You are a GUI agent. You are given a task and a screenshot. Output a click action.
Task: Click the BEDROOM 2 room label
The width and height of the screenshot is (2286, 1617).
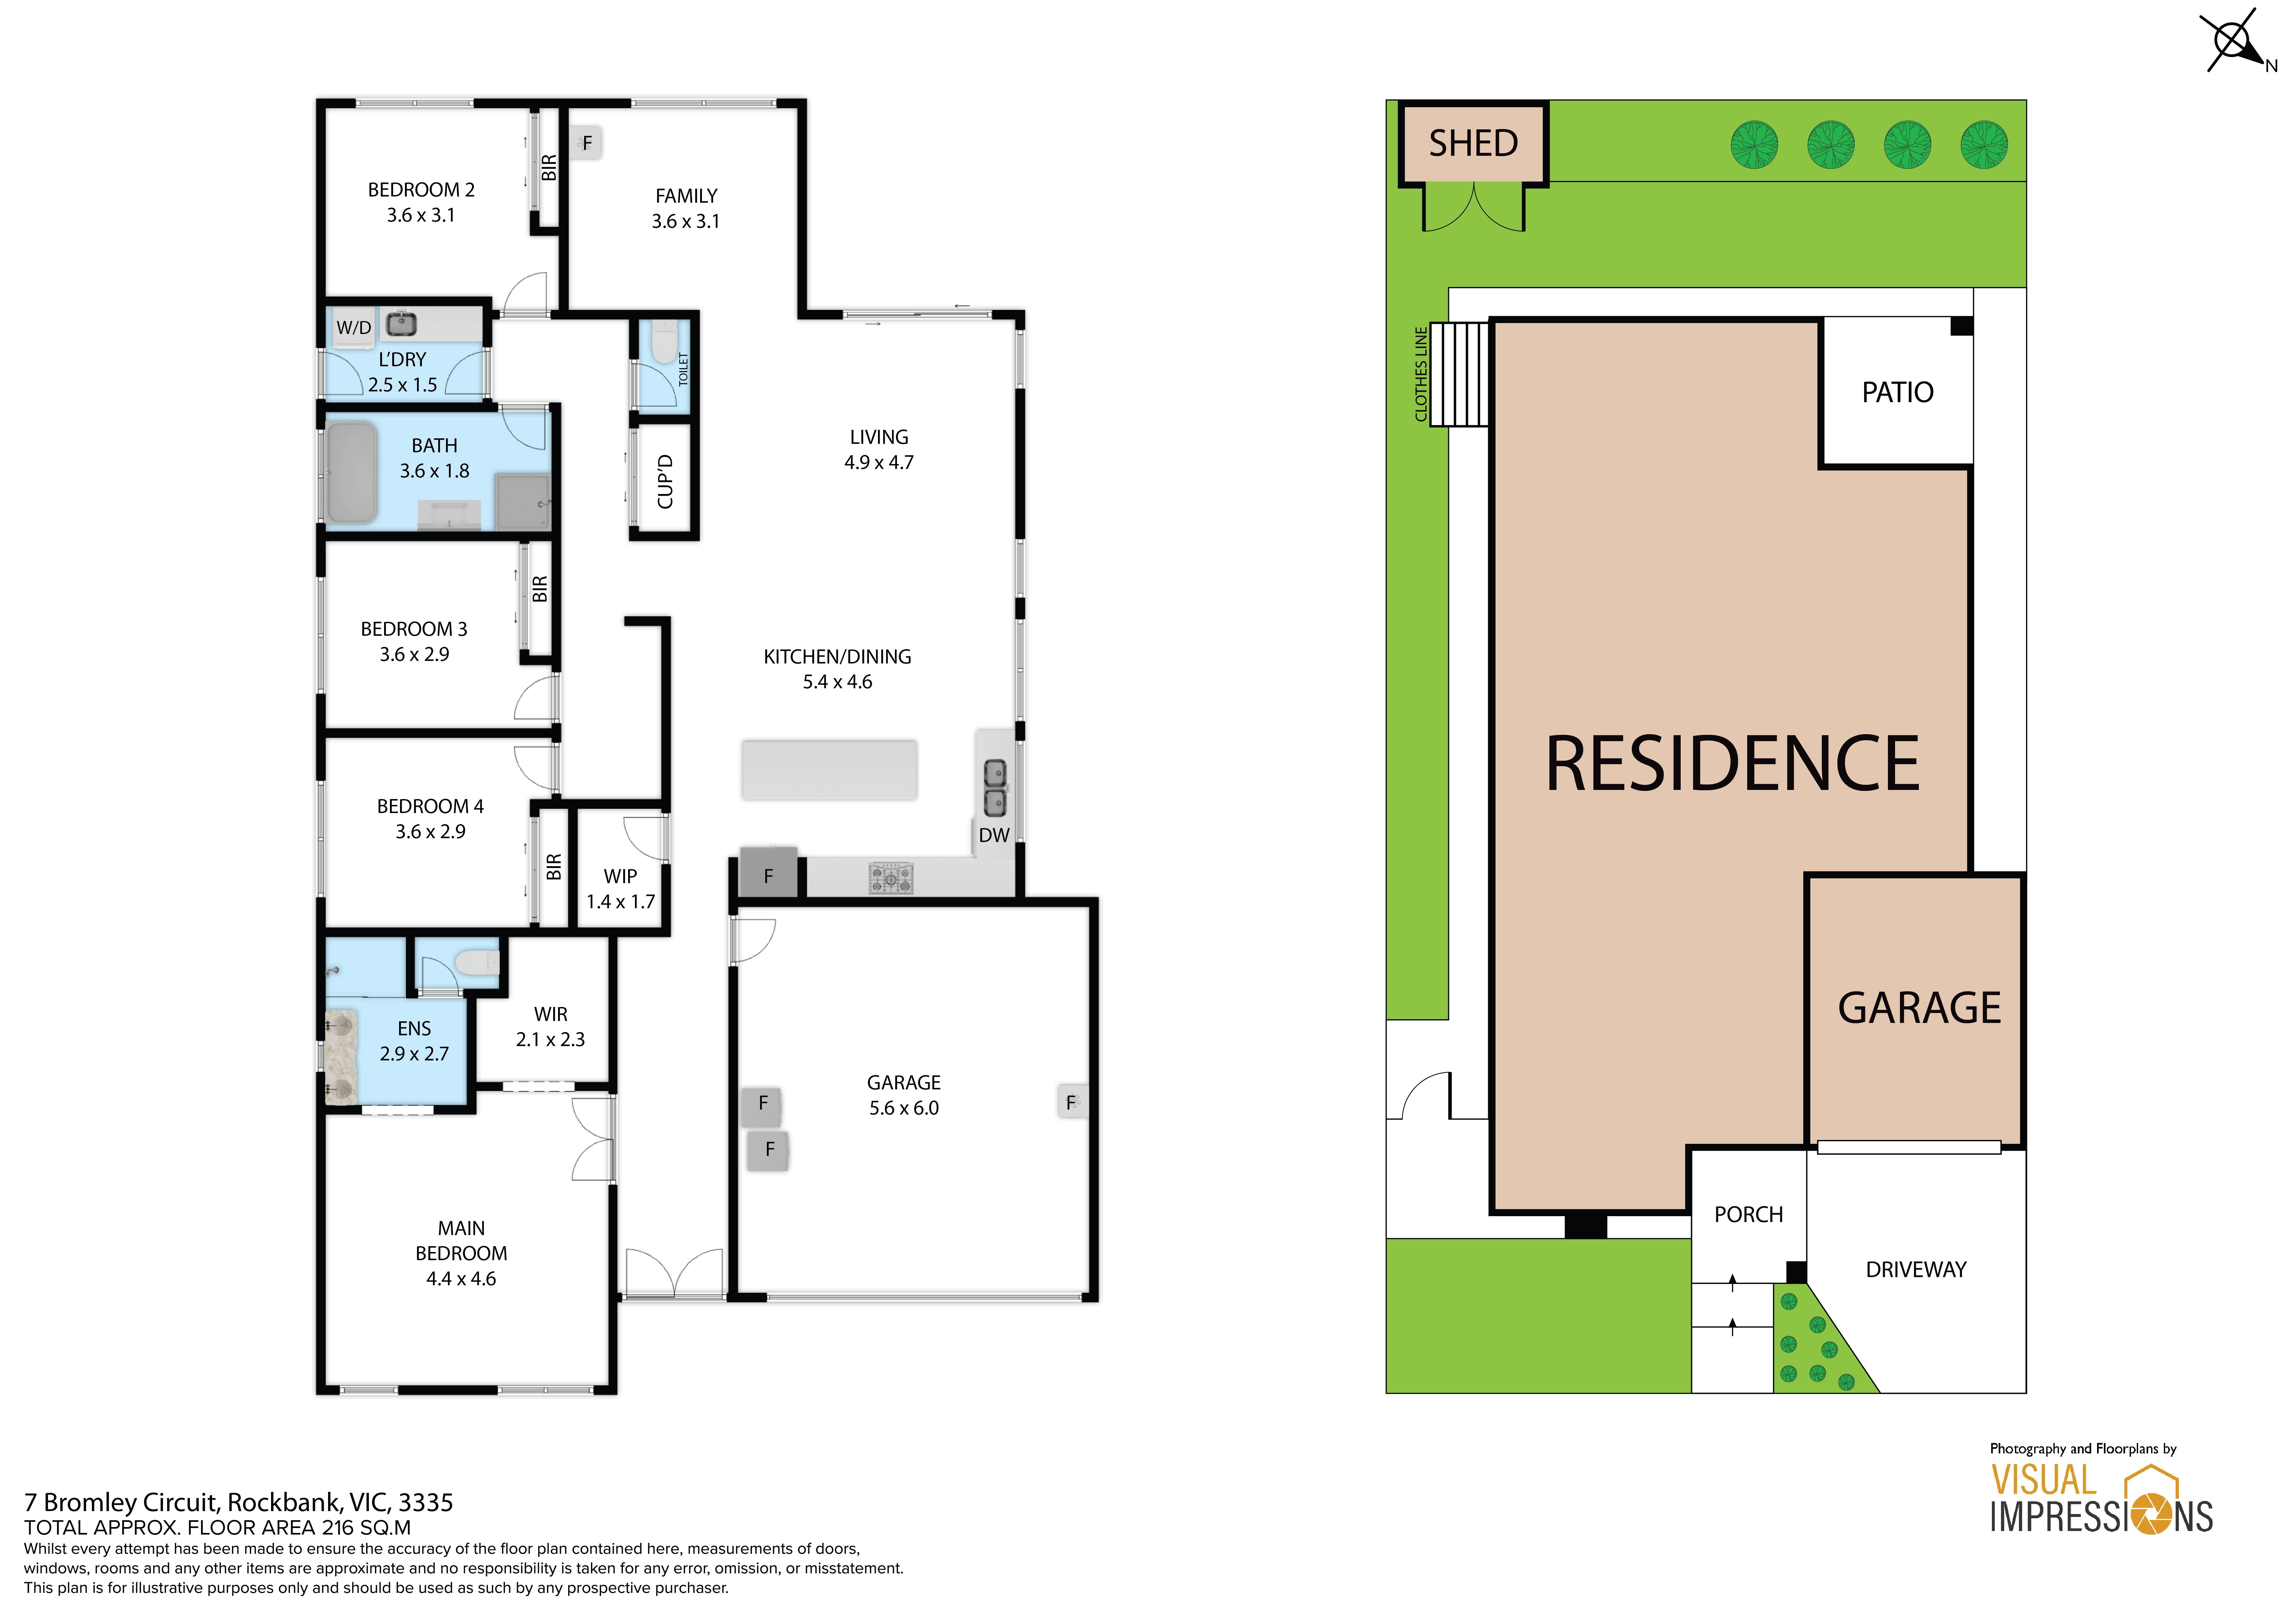pyautogui.click(x=421, y=189)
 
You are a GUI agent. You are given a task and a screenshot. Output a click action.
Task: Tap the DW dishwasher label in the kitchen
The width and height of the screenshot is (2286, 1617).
pyautogui.click(x=994, y=835)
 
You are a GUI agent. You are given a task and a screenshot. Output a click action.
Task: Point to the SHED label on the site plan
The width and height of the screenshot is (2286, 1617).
pyautogui.click(x=1474, y=143)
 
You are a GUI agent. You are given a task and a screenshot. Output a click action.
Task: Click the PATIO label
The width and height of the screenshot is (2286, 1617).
pyautogui.click(x=1898, y=392)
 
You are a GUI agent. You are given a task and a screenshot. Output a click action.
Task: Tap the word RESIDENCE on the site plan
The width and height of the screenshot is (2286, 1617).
pyautogui.click(x=1732, y=764)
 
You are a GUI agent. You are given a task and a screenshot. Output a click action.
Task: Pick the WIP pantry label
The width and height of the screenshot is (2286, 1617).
pyautogui.click(x=620, y=876)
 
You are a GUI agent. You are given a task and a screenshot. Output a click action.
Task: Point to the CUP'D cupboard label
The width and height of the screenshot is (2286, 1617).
pyautogui.click(x=665, y=482)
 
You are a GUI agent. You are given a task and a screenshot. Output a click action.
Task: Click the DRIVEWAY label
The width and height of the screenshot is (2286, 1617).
pyautogui.click(x=1916, y=1270)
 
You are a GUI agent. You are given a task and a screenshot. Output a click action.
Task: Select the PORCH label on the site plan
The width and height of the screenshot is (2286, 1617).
pyautogui.click(x=1748, y=1215)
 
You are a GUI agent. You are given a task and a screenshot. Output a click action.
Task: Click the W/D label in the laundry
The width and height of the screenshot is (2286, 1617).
pyautogui.click(x=353, y=328)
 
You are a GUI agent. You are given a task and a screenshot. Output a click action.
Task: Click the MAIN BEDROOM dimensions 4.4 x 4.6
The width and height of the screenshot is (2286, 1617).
pyautogui.click(x=461, y=1278)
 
